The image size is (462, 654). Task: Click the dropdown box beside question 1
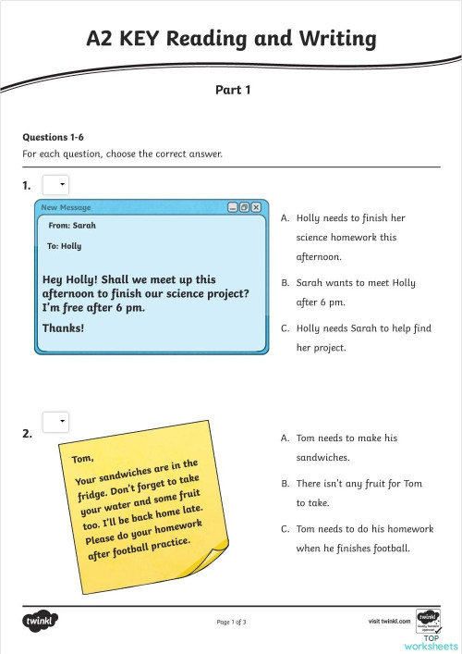pyautogui.click(x=55, y=185)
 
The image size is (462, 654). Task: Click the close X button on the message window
pyautogui.click(x=256, y=207)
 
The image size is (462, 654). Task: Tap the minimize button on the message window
pyautogui.click(x=233, y=207)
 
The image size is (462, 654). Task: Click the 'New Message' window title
pyautogui.click(x=66, y=207)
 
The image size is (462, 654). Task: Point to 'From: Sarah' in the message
pyautogui.click(x=71, y=225)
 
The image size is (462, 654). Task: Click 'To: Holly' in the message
pyautogui.click(x=64, y=246)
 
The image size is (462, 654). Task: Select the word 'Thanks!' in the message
pyautogui.click(x=63, y=327)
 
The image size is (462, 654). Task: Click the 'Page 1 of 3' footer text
pyautogui.click(x=231, y=622)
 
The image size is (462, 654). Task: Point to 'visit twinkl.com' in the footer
pyautogui.click(x=388, y=621)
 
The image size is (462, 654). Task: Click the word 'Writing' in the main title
pyautogui.click(x=332, y=38)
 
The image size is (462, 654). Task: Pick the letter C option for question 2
pyautogui.click(x=286, y=529)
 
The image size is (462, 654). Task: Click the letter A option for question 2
pyautogui.click(x=286, y=438)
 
